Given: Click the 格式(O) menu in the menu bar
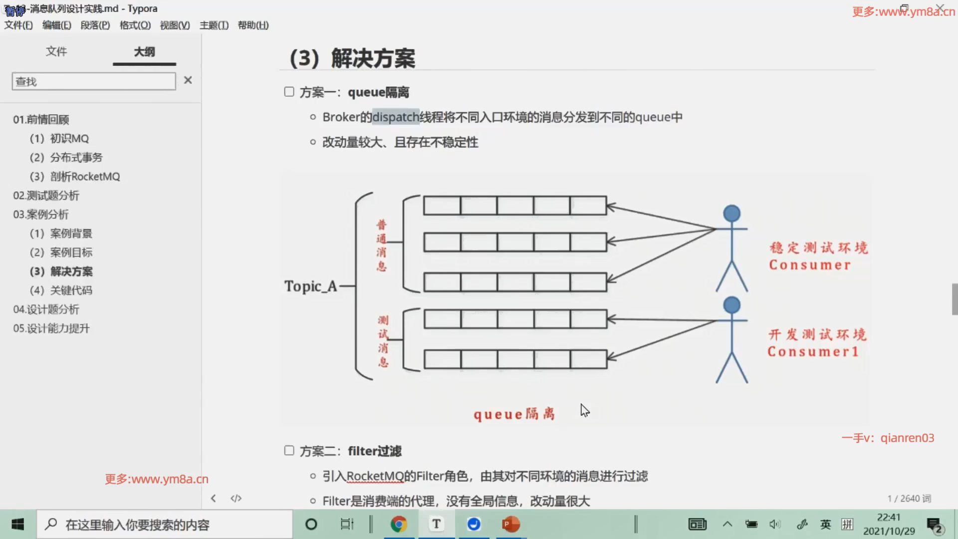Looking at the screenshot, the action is (x=135, y=25).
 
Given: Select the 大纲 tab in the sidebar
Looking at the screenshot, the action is (x=144, y=51).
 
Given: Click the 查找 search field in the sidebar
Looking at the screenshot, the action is (x=94, y=81).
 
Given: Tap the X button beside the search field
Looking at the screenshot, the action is (x=188, y=80).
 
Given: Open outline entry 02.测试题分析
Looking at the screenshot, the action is (x=46, y=196).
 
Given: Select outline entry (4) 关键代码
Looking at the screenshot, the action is (x=61, y=290).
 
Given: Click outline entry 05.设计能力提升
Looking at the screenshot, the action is (x=51, y=328).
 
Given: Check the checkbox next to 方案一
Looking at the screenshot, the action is (x=289, y=92).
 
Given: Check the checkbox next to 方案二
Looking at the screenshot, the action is (x=289, y=451).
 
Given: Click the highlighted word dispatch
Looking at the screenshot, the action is (x=396, y=117).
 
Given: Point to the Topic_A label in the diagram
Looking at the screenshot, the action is (x=310, y=286).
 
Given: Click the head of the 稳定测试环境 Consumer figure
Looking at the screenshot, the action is (x=731, y=214).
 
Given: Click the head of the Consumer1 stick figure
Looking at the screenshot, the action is (x=731, y=305).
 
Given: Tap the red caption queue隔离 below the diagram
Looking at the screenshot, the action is (x=514, y=414).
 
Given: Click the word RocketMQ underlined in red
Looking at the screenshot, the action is (x=375, y=476).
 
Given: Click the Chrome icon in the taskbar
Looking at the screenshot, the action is (x=399, y=524).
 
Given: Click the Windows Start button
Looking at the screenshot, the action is (x=18, y=524).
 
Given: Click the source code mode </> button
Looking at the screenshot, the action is (x=236, y=498).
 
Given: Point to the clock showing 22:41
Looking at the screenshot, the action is (x=889, y=518).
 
